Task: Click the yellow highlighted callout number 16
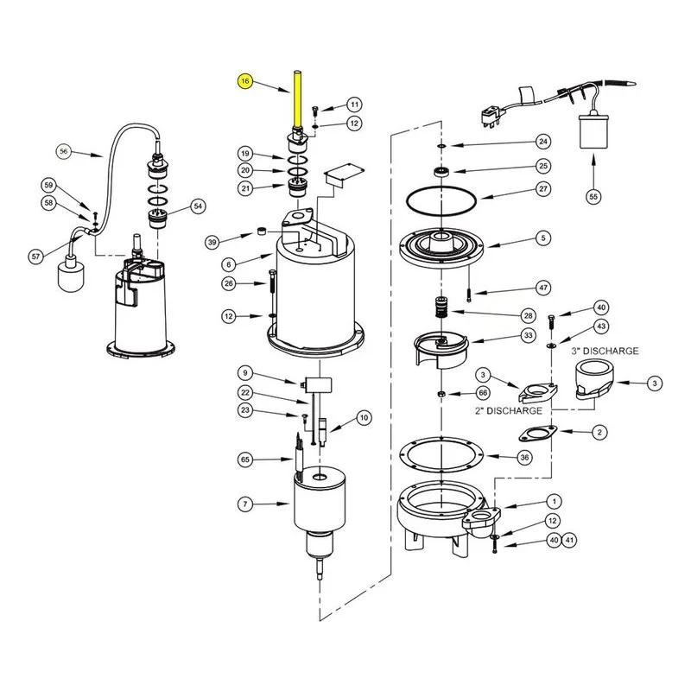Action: click(x=245, y=81)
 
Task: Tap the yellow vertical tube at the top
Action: click(x=297, y=98)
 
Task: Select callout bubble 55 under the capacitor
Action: click(x=593, y=197)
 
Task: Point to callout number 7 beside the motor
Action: click(x=245, y=504)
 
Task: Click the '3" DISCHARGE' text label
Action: click(x=605, y=352)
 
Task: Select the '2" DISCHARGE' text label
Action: click(x=508, y=411)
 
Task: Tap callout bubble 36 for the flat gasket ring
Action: click(x=524, y=458)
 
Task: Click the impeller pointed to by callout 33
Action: click(x=441, y=349)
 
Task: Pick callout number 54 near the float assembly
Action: click(x=199, y=206)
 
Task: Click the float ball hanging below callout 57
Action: click(x=71, y=273)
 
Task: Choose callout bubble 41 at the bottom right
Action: click(x=569, y=540)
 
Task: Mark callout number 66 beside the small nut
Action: click(x=483, y=393)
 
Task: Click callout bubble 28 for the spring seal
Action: click(x=528, y=315)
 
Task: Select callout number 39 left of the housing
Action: click(x=212, y=243)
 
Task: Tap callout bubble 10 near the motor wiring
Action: click(x=364, y=418)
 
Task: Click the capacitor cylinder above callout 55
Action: click(x=593, y=131)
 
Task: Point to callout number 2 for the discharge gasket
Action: click(x=599, y=433)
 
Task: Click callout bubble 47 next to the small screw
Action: click(x=543, y=288)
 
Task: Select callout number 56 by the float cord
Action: click(x=64, y=152)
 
